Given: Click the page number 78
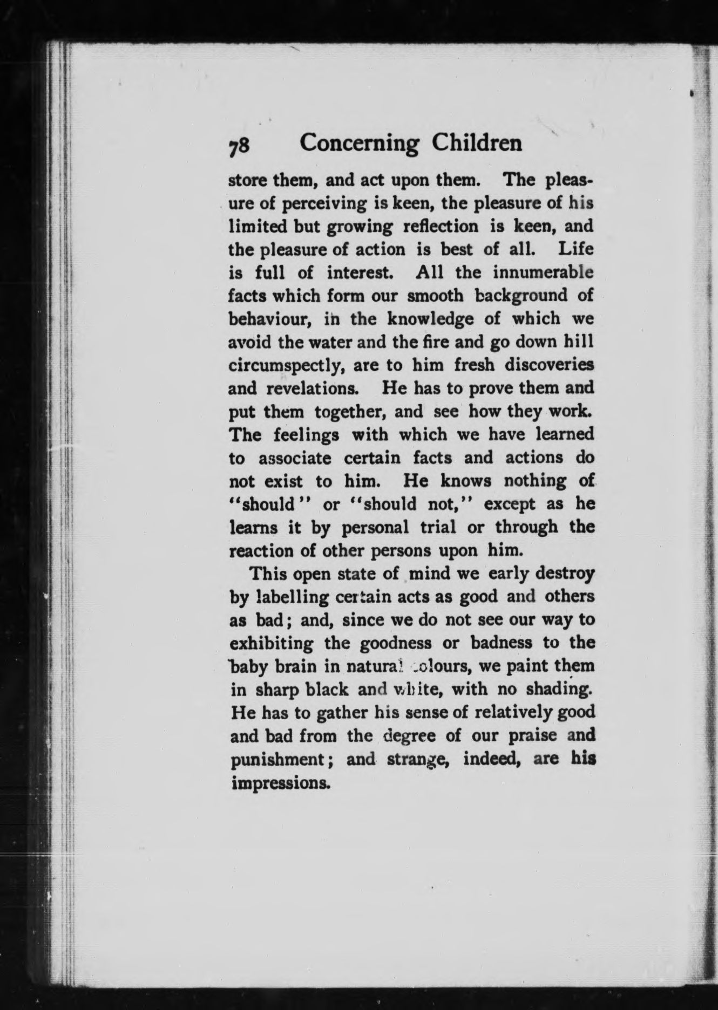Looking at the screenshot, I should (x=239, y=146).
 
